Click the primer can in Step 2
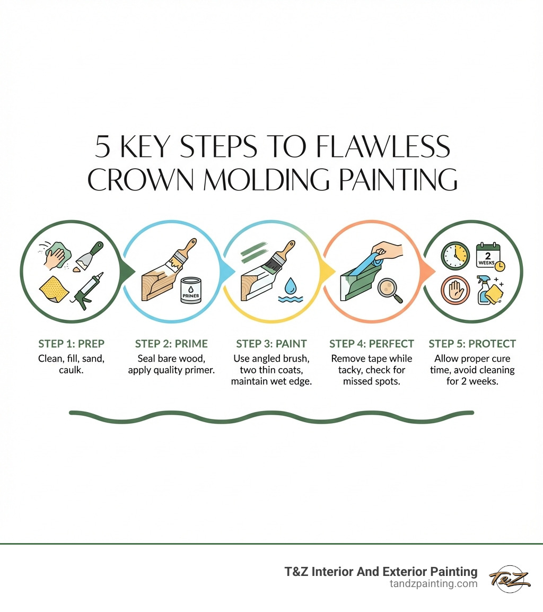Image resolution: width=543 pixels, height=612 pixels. point(191,290)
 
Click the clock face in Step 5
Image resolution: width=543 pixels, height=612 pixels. point(455,256)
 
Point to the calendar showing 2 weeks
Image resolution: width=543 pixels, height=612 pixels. point(489,255)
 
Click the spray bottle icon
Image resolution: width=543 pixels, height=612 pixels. point(484,290)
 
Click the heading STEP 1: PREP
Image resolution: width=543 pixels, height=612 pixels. point(71,344)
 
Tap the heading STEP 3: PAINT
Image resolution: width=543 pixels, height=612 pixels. point(271,344)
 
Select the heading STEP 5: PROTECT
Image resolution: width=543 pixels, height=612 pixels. point(472,344)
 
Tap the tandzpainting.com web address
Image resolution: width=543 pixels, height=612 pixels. point(433,584)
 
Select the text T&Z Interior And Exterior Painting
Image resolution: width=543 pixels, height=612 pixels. point(381,572)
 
